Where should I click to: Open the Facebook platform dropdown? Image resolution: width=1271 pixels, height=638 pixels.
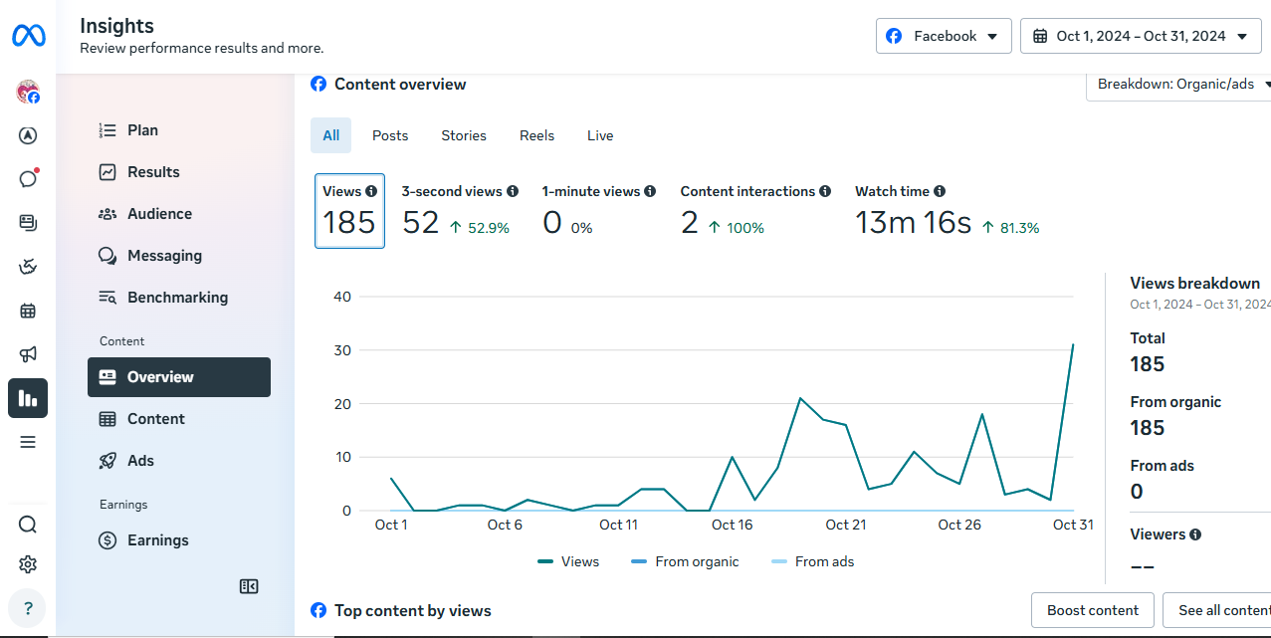pyautogui.click(x=943, y=36)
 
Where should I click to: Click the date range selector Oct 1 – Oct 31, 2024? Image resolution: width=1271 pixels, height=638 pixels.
pyautogui.click(x=1141, y=36)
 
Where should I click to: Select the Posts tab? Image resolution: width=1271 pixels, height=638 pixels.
pyautogui.click(x=390, y=135)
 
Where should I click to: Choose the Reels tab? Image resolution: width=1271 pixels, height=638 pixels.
pyautogui.click(x=536, y=135)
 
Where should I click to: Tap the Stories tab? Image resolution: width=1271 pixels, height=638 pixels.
pyautogui.click(x=464, y=135)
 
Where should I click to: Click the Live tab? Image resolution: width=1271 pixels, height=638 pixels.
pyautogui.click(x=600, y=135)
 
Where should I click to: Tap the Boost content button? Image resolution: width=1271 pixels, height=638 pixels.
pyautogui.click(x=1092, y=610)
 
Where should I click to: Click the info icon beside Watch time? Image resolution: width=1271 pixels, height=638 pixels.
pyautogui.click(x=940, y=191)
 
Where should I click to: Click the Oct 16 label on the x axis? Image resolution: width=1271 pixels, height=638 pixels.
pyautogui.click(x=732, y=526)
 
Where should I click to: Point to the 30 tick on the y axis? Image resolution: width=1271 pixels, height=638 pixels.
pyautogui.click(x=342, y=350)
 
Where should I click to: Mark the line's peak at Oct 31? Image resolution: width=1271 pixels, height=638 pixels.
pyautogui.click(x=1073, y=344)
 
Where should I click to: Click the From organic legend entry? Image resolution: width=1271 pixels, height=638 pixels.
pyautogui.click(x=685, y=562)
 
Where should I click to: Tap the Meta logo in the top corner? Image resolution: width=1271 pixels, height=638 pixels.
pyautogui.click(x=29, y=36)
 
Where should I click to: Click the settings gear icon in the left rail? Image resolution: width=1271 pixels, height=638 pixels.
pyautogui.click(x=28, y=564)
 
